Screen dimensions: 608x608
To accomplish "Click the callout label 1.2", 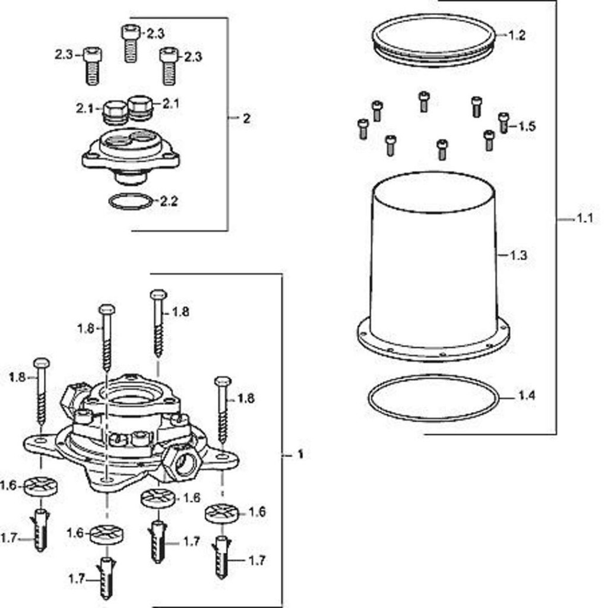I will pos(517,35).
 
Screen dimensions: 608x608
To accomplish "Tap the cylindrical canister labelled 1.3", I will pos(433,261).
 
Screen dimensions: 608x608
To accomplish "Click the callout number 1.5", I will pos(527,126).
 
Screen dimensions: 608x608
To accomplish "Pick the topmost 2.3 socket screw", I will pos(131,42).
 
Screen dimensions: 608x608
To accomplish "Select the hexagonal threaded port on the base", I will pos(182,462).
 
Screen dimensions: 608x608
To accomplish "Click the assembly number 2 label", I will pos(246,118).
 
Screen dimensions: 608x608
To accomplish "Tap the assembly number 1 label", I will pos(300,454).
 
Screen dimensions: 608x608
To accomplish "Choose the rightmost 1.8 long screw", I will pos(223,410).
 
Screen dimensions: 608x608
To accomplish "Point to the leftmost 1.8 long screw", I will pos(42,392).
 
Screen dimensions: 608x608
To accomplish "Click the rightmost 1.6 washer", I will pos(221,514).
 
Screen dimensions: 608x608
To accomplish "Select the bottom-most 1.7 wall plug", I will pos(107,578).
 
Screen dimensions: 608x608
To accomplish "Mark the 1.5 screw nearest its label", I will pos(503,122).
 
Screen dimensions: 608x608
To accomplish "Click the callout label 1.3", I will pos(518,255).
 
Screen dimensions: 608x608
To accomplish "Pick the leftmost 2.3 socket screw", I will pos(92,65).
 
